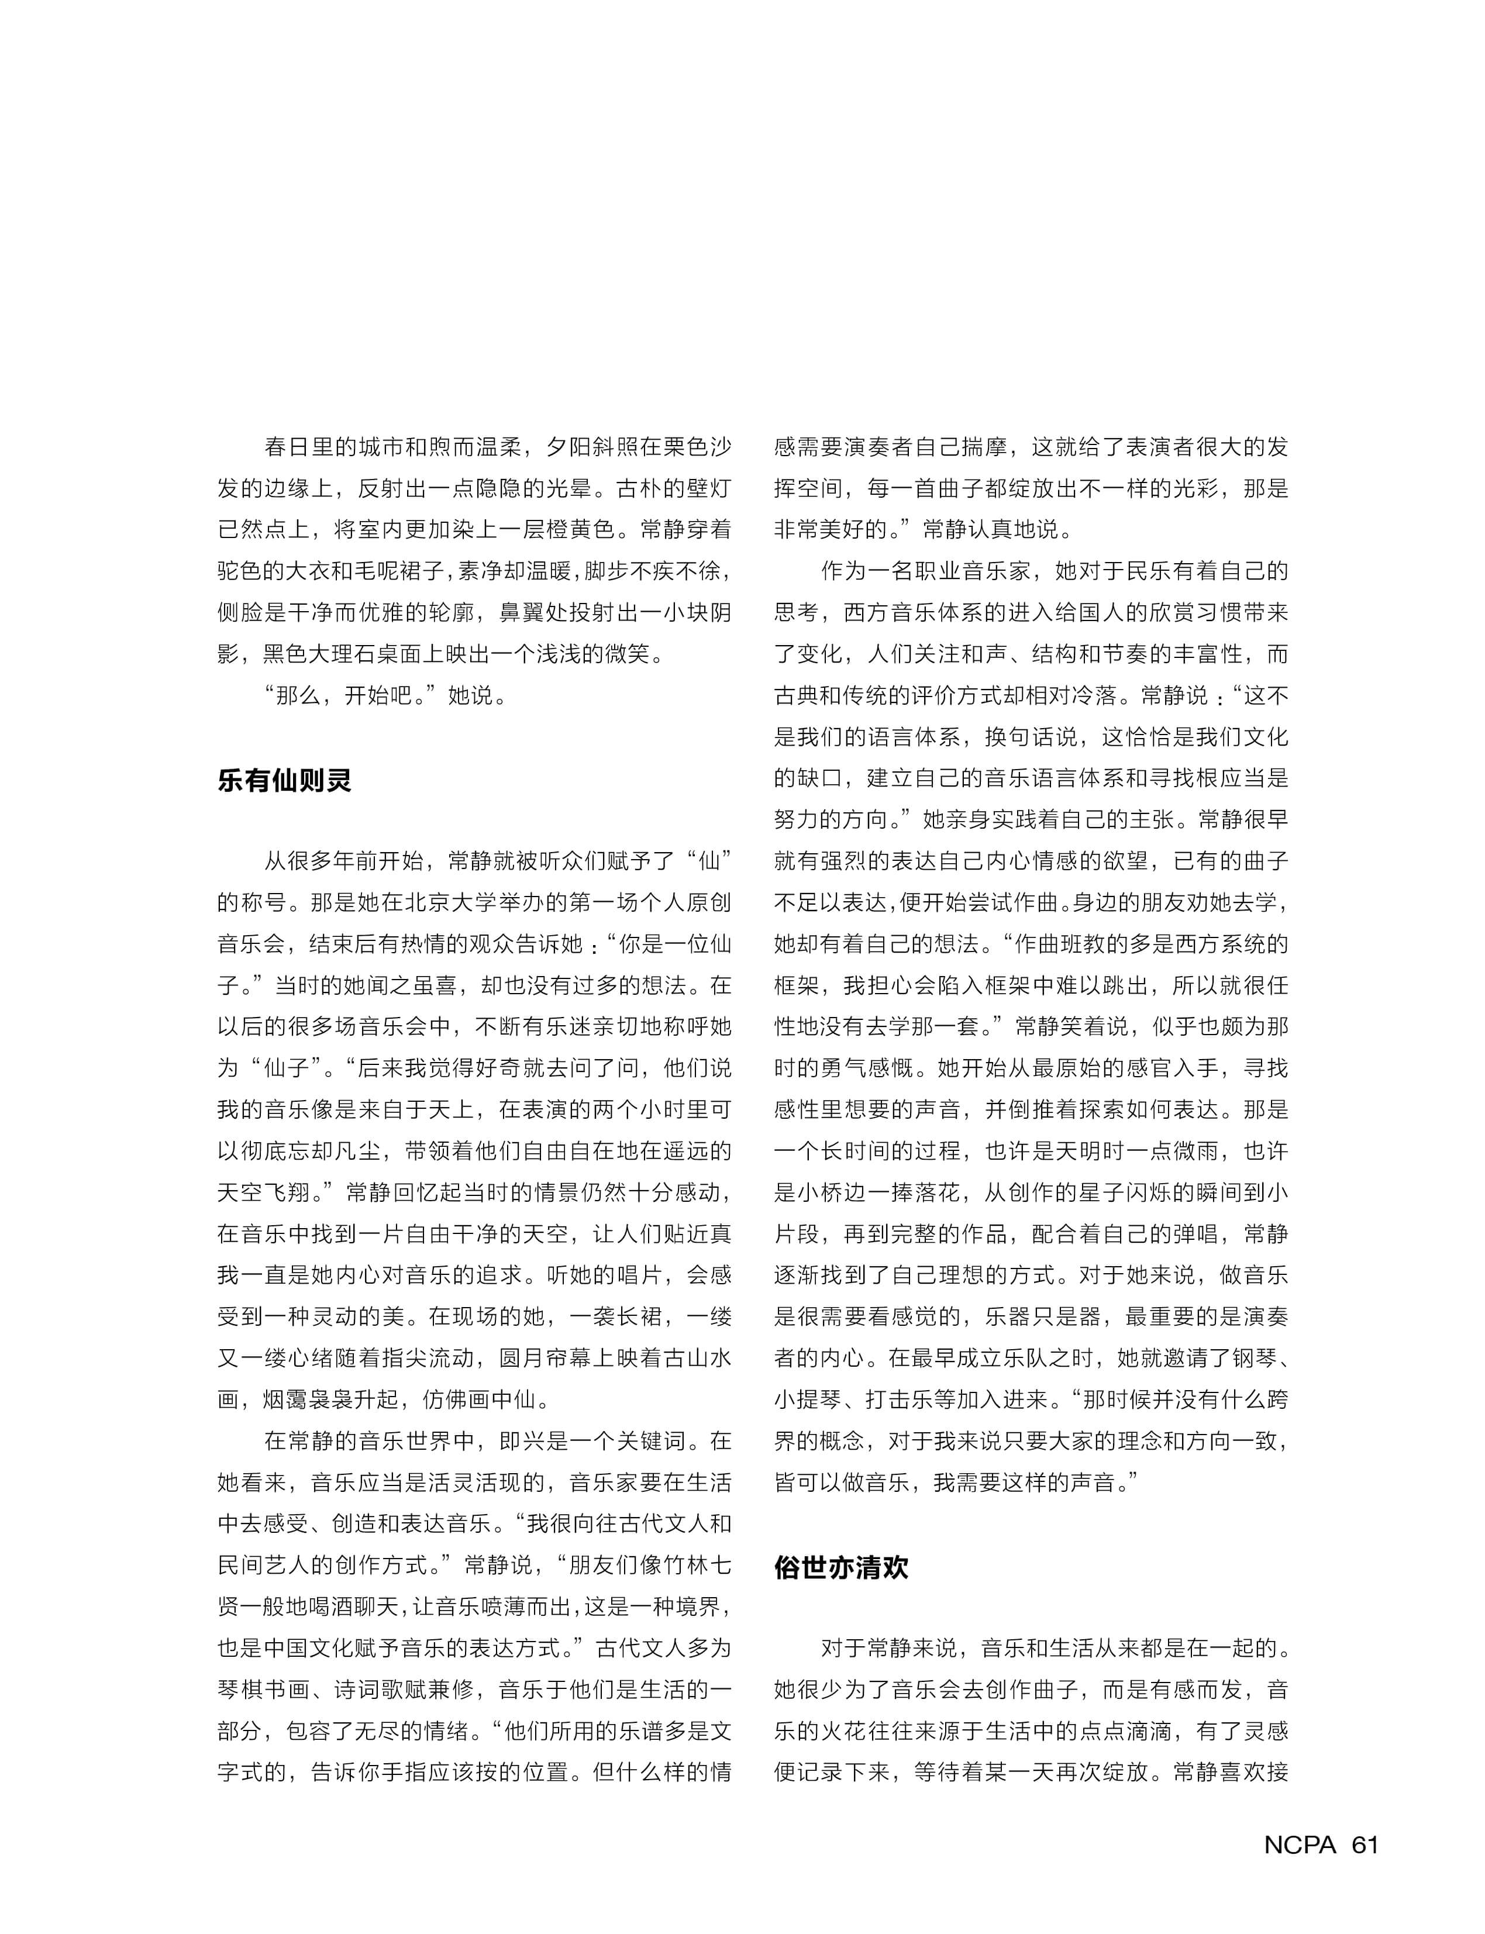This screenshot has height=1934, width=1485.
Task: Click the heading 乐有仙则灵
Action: (x=285, y=781)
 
